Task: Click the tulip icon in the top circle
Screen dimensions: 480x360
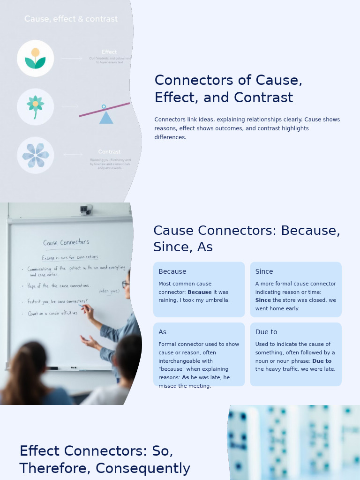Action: (x=35, y=58)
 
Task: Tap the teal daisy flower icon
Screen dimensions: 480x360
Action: (x=35, y=106)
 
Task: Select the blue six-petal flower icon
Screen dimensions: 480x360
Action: (x=35, y=155)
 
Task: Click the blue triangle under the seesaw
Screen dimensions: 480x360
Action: (x=106, y=118)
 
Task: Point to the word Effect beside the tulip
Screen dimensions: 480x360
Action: (x=109, y=52)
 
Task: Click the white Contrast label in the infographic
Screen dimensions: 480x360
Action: (x=109, y=152)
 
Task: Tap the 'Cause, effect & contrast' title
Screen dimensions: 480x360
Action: (x=71, y=19)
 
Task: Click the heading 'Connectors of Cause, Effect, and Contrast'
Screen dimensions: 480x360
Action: (x=228, y=89)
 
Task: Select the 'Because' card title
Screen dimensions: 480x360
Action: (x=172, y=271)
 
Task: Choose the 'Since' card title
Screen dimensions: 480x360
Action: (x=264, y=271)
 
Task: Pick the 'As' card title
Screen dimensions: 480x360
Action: (x=162, y=332)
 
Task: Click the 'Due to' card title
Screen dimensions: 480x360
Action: (x=266, y=332)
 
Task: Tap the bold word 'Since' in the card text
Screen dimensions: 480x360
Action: (x=263, y=300)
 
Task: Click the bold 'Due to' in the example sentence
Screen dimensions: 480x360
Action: (x=322, y=361)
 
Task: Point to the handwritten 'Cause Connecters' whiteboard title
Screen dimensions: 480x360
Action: (x=66, y=242)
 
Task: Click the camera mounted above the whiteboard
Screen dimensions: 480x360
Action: (x=85, y=210)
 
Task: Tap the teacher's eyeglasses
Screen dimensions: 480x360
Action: (x=126, y=284)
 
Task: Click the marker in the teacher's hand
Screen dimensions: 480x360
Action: (x=83, y=307)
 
